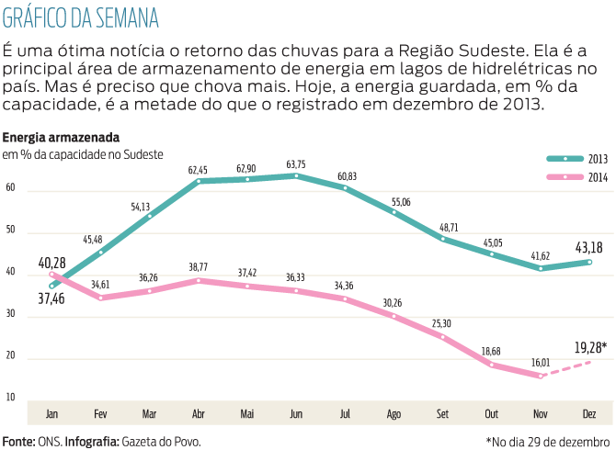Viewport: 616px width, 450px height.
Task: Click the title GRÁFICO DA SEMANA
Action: [x=81, y=18]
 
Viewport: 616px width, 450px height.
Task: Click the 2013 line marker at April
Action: [x=197, y=182]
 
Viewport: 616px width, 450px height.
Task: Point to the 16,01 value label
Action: [x=540, y=364]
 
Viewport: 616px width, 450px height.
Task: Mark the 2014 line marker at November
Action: [x=541, y=376]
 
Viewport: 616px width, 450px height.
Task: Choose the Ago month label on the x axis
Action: [x=394, y=413]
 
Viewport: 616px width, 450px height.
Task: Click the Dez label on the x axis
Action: [x=589, y=413]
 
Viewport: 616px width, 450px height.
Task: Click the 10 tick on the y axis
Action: [x=11, y=397]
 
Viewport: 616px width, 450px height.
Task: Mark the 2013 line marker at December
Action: [x=589, y=262]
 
